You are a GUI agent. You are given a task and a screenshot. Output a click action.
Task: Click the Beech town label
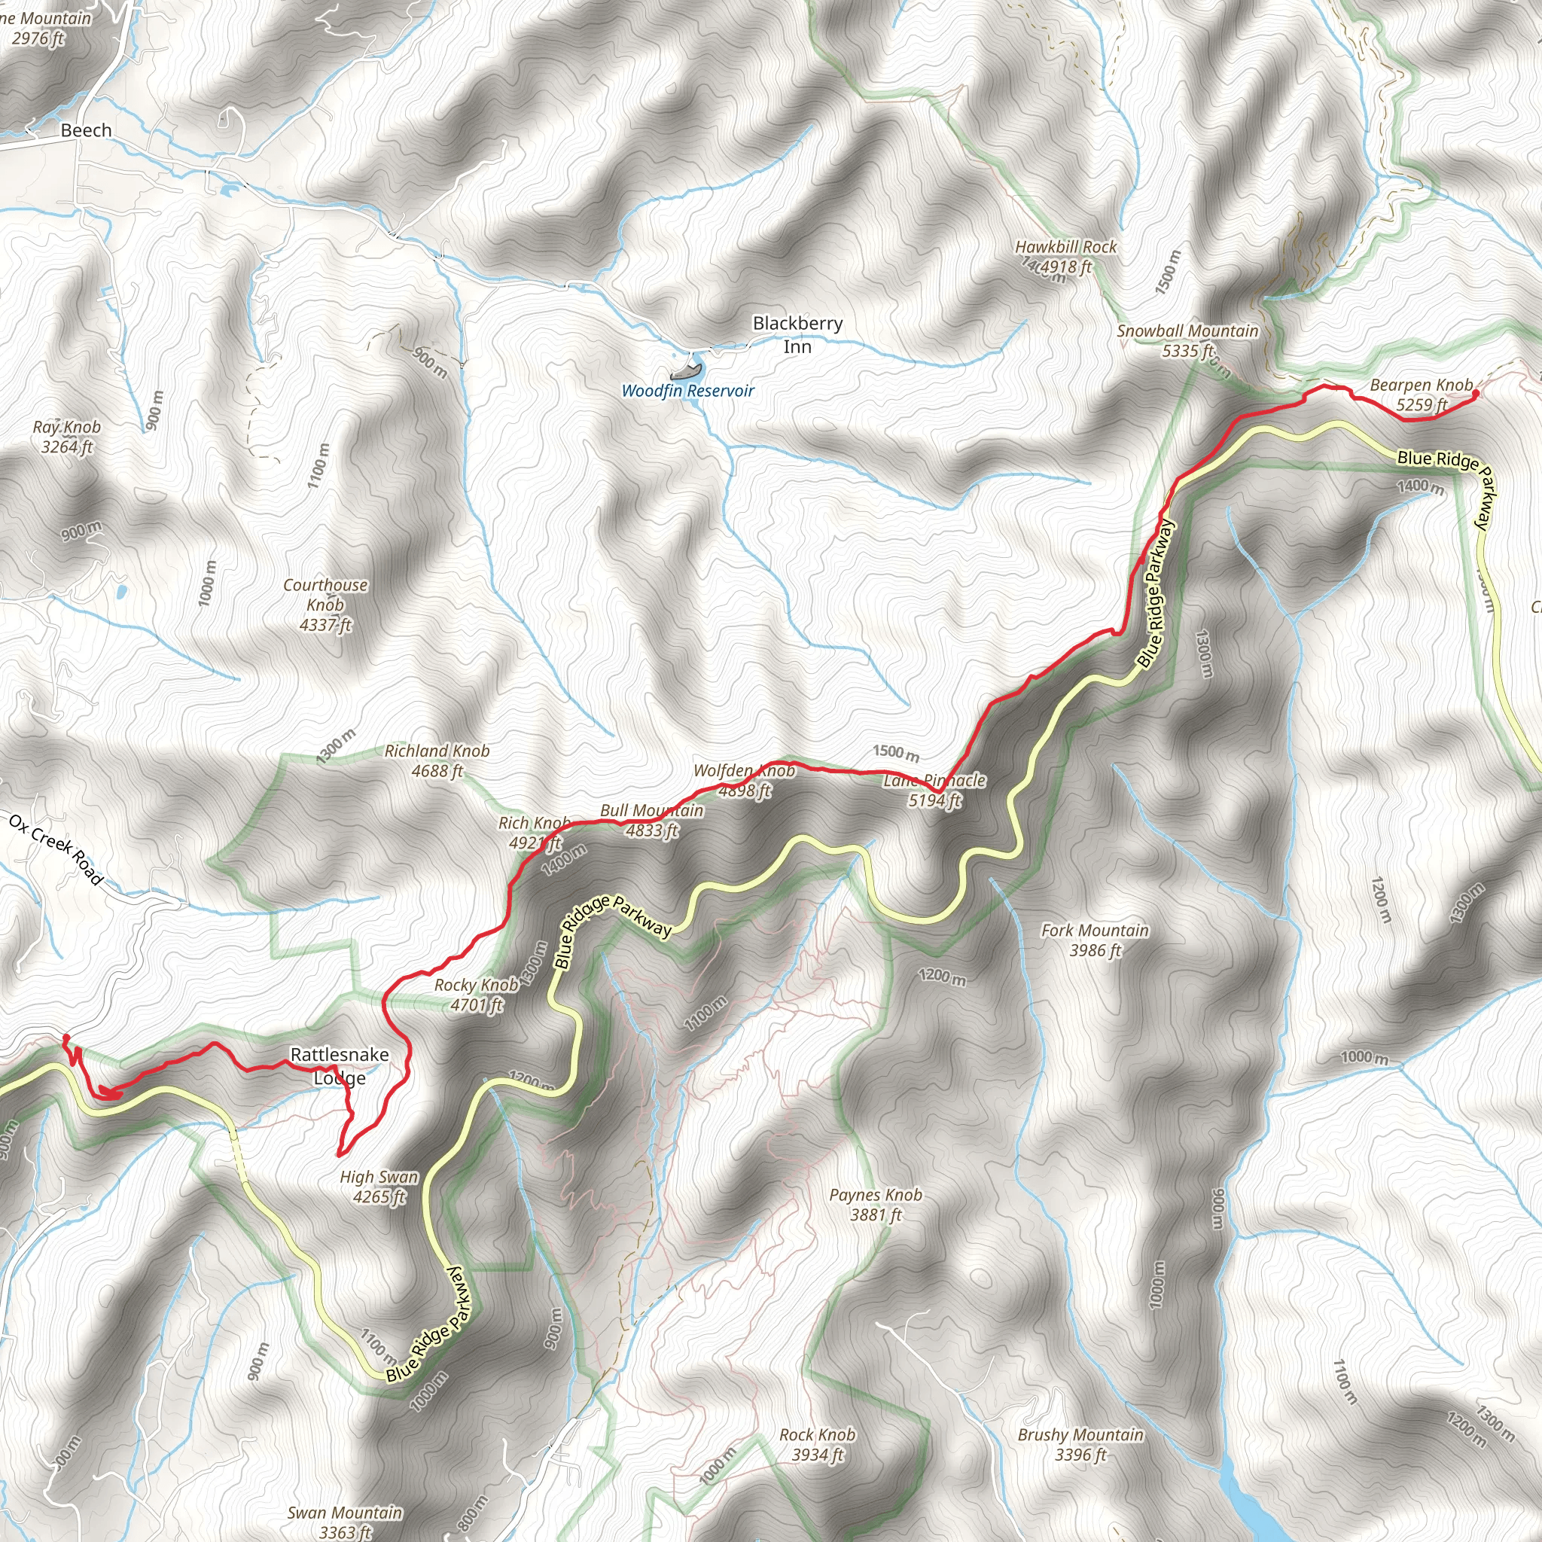(86, 130)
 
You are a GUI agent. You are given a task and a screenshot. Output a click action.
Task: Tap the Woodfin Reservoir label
(687, 391)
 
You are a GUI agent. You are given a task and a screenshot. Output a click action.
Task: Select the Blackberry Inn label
(797, 334)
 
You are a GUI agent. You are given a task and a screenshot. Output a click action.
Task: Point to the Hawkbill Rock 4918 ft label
(1065, 257)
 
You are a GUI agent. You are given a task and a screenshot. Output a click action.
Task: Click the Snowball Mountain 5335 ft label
(1187, 341)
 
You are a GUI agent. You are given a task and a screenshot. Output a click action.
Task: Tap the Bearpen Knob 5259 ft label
(1421, 395)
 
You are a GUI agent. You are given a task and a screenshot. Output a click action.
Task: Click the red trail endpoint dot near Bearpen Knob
(1475, 393)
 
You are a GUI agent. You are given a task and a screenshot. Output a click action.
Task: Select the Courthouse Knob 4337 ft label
(325, 604)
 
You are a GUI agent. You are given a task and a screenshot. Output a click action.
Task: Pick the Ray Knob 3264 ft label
(67, 437)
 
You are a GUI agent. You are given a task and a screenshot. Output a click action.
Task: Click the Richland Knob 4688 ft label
(437, 760)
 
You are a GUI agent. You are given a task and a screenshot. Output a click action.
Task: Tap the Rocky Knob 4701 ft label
(477, 995)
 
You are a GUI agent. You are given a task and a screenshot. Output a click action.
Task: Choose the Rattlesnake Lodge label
(340, 1065)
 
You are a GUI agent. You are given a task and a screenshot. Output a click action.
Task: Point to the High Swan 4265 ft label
(379, 1186)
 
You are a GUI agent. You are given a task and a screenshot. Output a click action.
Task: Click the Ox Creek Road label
(56, 849)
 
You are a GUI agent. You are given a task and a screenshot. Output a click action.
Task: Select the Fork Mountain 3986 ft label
(1095, 940)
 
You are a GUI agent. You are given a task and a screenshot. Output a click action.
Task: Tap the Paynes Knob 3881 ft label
(876, 1205)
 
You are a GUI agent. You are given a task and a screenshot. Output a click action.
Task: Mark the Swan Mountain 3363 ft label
(345, 1522)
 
